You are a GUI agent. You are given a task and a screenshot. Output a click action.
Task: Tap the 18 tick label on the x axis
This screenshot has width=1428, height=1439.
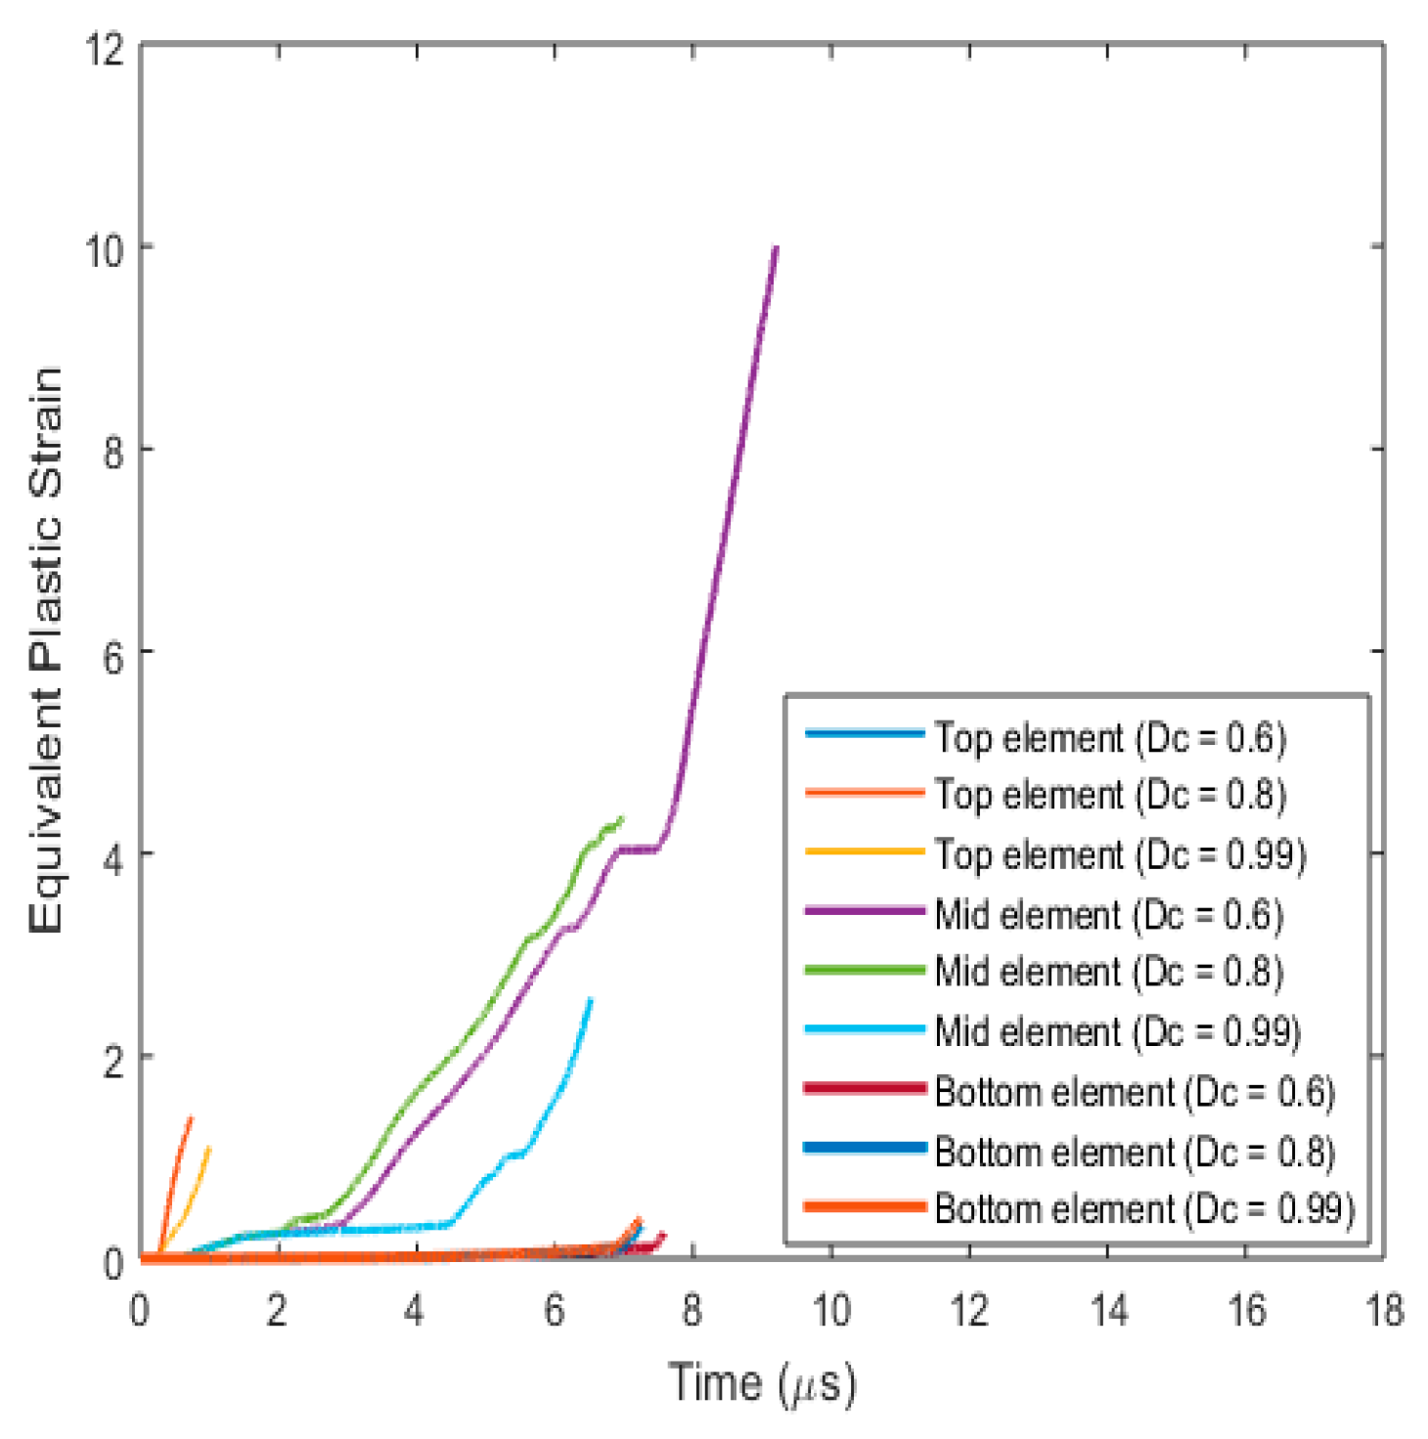[x=1383, y=1311]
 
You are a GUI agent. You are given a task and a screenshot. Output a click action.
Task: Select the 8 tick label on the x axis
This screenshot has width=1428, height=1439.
[x=692, y=1311]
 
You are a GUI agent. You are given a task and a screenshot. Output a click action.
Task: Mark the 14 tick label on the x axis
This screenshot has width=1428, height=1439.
[x=1107, y=1311]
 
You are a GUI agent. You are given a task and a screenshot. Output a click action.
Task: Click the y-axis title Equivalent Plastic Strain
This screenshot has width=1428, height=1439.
[x=46, y=650]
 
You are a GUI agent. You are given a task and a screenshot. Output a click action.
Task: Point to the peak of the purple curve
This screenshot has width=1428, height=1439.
[x=776, y=247]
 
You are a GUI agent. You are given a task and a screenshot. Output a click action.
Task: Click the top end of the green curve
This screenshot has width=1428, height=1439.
[x=621, y=818]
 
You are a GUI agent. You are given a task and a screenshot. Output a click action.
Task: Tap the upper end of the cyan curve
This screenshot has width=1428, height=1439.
[x=590, y=999]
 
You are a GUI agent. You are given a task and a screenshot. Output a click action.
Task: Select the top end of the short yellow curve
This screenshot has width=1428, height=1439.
[x=209, y=1148]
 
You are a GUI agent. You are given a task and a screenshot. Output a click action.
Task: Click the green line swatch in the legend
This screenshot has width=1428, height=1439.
[x=865, y=971]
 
